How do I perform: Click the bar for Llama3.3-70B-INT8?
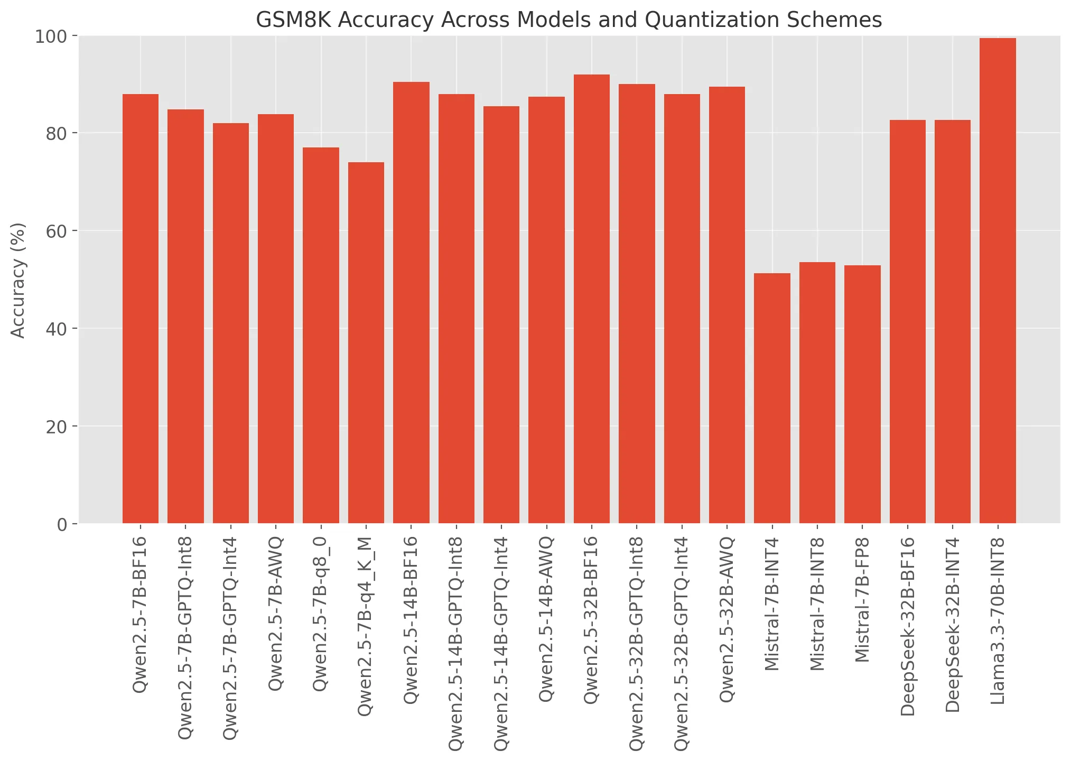(x=998, y=281)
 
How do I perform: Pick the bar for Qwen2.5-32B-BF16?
(x=591, y=299)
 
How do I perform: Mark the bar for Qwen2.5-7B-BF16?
(x=140, y=309)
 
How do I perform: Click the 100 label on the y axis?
(x=51, y=36)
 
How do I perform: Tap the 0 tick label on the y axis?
(x=62, y=524)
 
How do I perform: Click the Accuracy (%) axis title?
(x=18, y=280)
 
